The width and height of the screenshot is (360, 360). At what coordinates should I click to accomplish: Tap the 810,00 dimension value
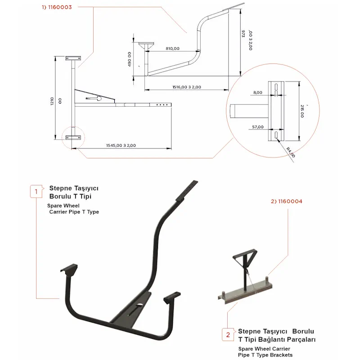pos(172,49)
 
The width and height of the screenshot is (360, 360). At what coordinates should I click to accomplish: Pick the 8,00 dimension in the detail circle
pos(257,93)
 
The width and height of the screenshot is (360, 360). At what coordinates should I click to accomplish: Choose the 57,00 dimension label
pos(257,127)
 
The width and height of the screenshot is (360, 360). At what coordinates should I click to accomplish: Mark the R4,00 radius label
pos(290,152)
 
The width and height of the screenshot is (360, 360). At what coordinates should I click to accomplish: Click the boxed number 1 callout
pos(36,192)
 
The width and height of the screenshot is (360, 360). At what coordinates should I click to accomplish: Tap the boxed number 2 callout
pos(228,335)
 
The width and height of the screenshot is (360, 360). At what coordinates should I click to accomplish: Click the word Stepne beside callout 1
pos(61,189)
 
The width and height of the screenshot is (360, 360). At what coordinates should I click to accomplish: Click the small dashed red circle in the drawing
pos(73,138)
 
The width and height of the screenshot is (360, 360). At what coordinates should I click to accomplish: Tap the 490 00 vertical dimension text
pos(130,59)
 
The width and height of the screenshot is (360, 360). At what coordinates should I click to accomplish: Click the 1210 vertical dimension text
pos(52,101)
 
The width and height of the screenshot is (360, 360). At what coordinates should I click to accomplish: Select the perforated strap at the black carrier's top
pos(187,191)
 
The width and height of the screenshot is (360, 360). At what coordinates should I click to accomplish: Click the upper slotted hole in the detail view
pos(276,87)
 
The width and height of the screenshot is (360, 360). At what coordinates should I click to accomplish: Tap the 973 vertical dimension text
pos(243,33)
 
